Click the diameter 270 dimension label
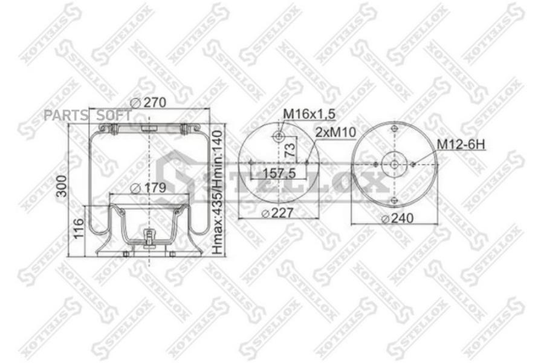tap(149, 103)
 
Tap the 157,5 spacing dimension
tap(279, 174)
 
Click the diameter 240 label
tap(398, 218)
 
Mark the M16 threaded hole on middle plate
tap(279, 137)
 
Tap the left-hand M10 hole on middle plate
tap(250, 162)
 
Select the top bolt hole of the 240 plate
tap(394, 128)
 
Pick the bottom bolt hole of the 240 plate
tap(394, 200)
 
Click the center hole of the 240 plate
tap(394, 164)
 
